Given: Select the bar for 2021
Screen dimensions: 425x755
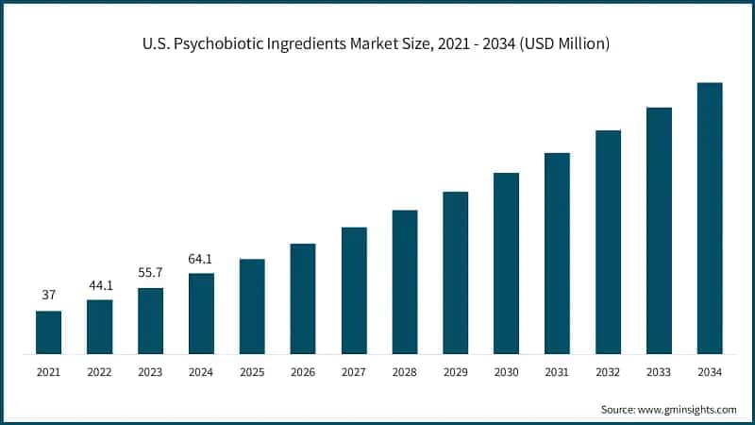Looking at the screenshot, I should pos(48,332).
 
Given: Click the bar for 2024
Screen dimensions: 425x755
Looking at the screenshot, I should pos(201,314).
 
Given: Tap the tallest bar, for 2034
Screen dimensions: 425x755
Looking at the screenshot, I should pos(710,218).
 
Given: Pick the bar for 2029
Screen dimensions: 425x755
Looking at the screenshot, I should pos(456,273).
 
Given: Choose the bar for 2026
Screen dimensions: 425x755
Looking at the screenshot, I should pos(303,298).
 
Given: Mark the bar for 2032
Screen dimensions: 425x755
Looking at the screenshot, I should pos(609,242).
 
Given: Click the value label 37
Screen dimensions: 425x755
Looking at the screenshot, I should pos(48,296).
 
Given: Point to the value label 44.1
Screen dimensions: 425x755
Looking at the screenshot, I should pos(99,284).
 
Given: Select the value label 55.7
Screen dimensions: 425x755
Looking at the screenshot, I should pos(150,272).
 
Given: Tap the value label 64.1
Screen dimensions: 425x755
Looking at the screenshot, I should pos(201,258).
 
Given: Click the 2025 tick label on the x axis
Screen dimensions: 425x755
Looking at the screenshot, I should pos(252,373).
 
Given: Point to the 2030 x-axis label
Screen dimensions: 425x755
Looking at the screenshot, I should pos(507,373).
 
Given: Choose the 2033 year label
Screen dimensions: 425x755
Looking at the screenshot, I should pos(659,373).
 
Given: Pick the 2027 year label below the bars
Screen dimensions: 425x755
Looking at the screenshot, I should pos(354,373).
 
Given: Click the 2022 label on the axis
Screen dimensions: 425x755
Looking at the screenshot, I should pos(99,373).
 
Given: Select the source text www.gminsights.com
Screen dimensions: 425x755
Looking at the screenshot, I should pos(688,410).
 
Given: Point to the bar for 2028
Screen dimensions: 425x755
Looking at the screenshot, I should pos(405,281).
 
